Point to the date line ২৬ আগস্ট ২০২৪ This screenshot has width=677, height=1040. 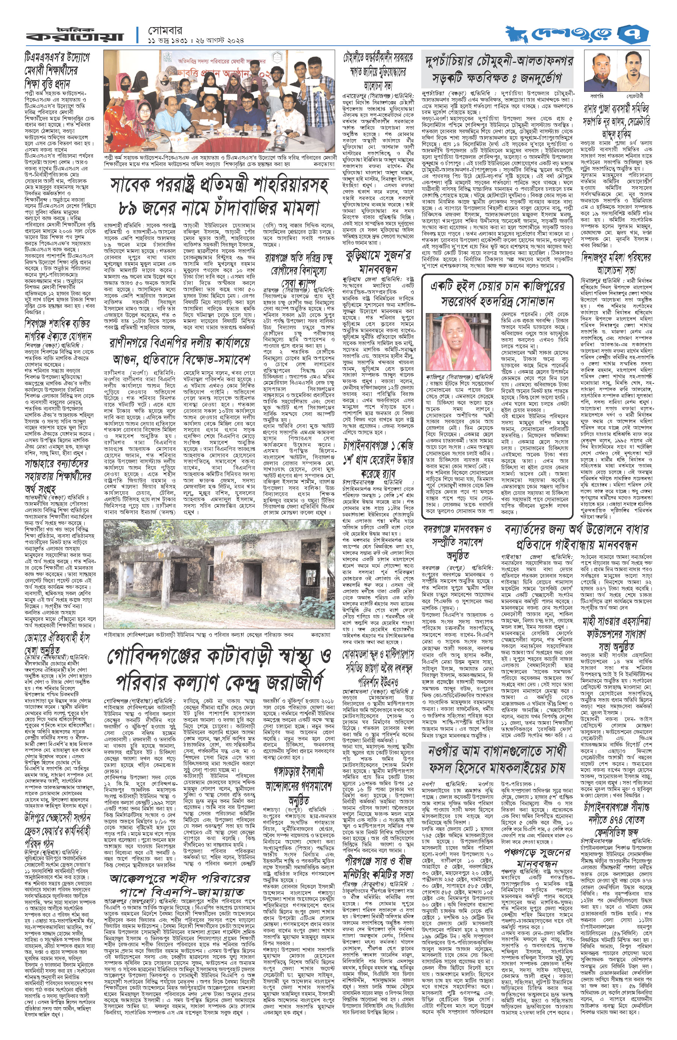216,40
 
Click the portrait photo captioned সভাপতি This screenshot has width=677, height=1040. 598,70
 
